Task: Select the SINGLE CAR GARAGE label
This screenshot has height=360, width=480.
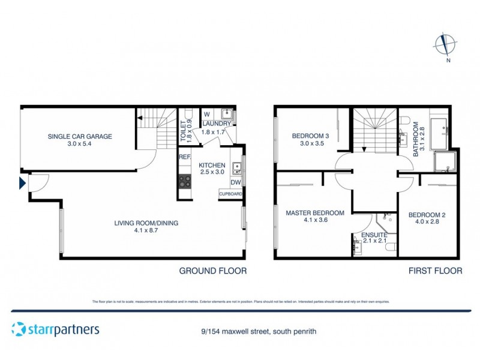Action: point(80,136)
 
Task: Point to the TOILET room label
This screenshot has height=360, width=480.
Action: point(184,130)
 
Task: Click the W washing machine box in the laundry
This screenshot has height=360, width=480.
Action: point(206,114)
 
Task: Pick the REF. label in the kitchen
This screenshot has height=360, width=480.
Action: point(184,157)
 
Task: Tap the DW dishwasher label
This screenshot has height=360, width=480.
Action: point(235,182)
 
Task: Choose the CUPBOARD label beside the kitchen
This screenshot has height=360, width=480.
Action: point(230,194)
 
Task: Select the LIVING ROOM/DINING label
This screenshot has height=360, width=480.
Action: point(146,223)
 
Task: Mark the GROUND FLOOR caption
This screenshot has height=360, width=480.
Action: point(213,271)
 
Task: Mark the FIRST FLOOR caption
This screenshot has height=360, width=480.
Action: point(435,271)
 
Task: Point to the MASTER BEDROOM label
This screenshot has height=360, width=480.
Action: point(314,212)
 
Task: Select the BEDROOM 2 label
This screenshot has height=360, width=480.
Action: point(427,215)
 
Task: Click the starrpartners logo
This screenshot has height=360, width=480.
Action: point(55,329)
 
